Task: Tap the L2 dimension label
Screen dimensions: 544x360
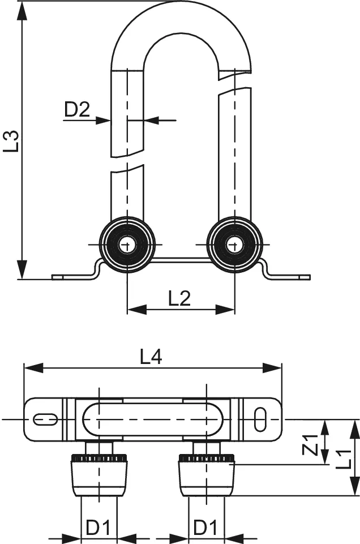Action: tap(179, 298)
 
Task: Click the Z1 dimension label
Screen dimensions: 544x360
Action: tap(309, 445)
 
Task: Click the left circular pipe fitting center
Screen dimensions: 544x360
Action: tap(127, 245)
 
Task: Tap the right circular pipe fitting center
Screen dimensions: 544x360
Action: tap(234, 245)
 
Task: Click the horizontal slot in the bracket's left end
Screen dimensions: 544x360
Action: tap(45, 419)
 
